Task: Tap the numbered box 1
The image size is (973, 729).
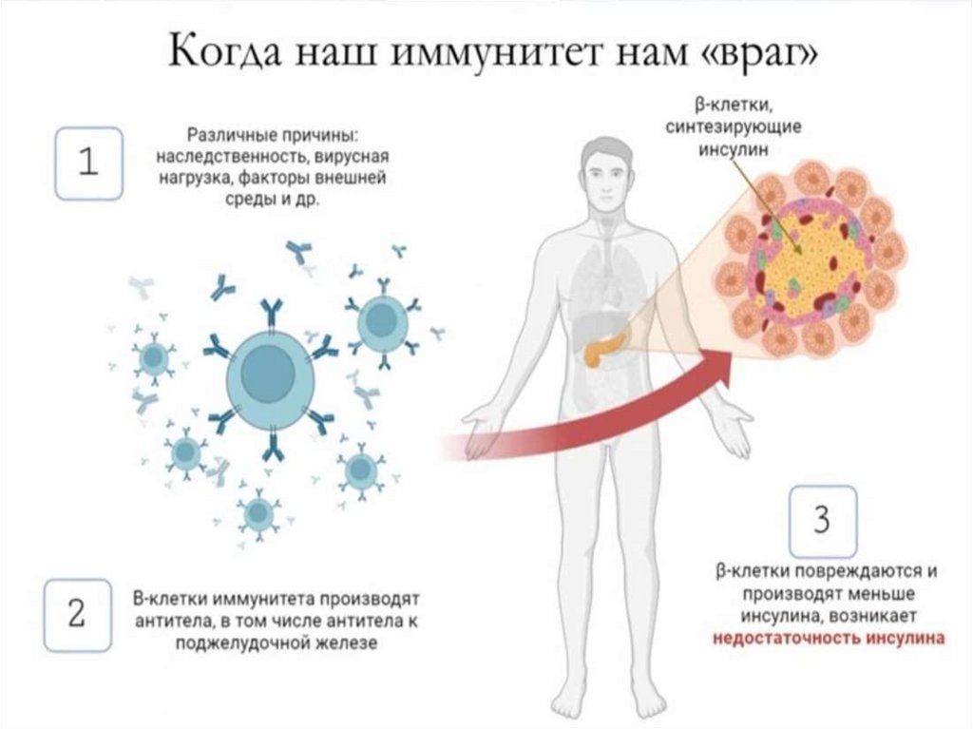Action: (x=88, y=163)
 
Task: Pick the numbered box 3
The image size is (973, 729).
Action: (x=822, y=520)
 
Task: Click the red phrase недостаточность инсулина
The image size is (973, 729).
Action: (x=830, y=638)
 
